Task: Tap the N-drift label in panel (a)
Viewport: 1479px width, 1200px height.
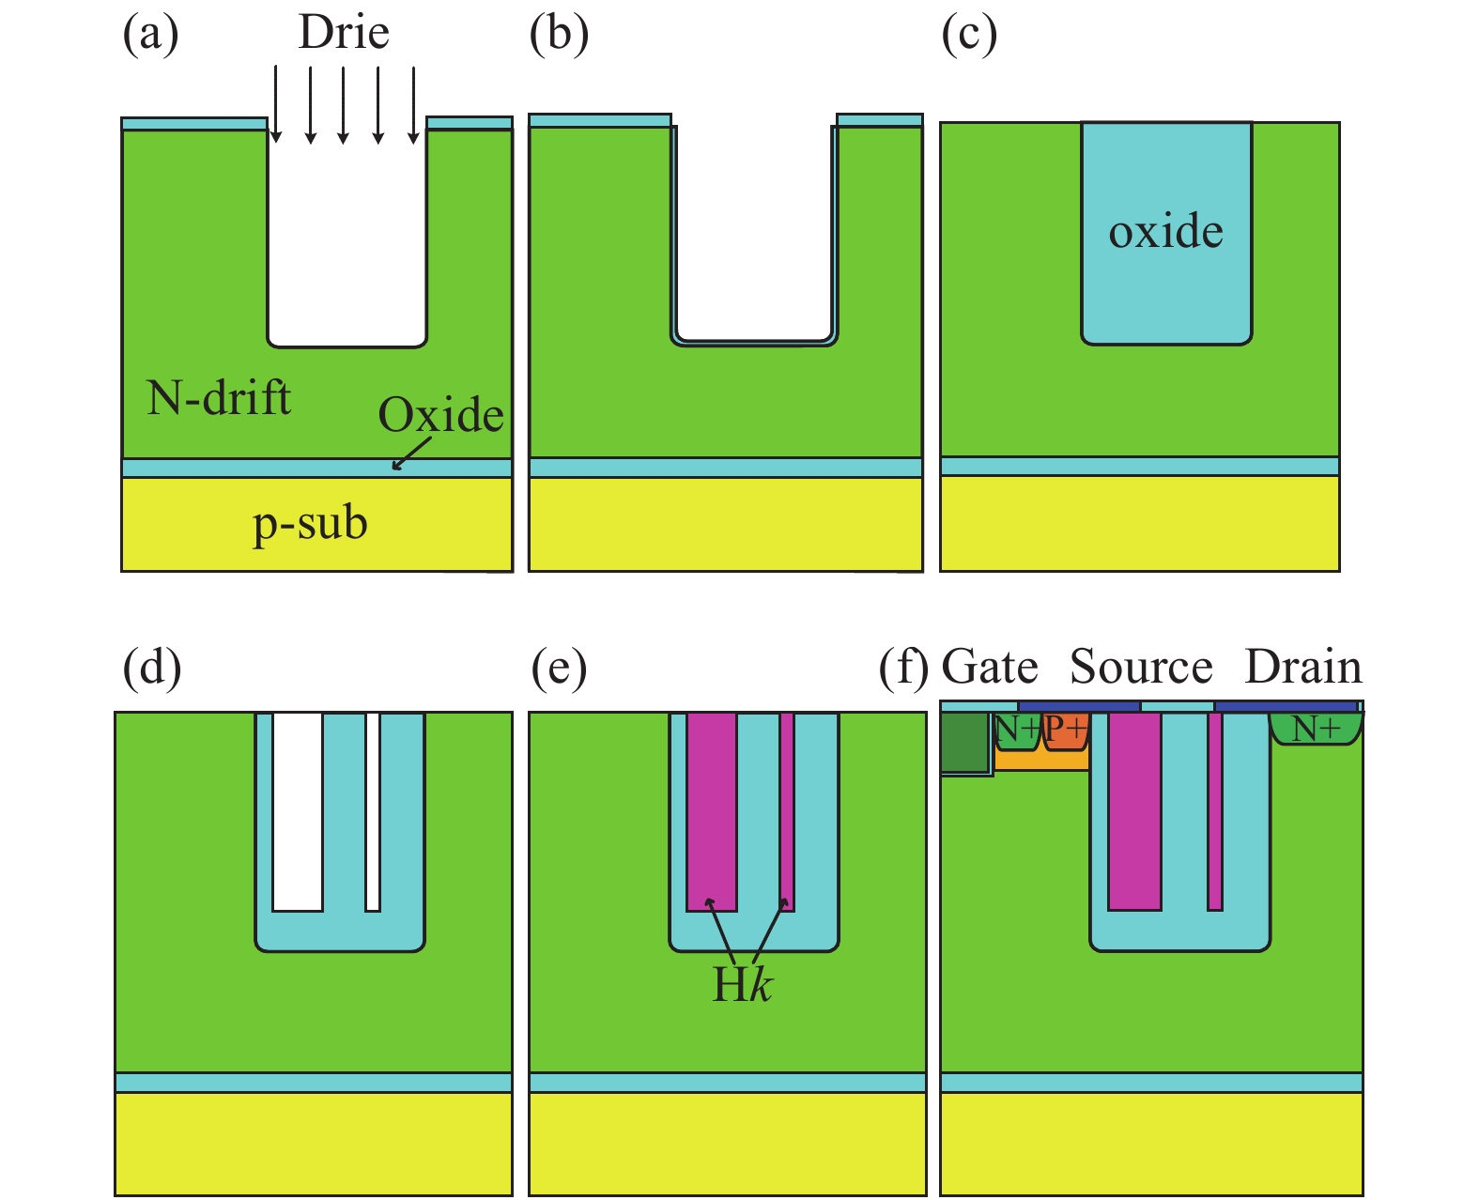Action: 219,398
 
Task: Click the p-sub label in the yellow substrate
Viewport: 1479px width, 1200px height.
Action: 310,523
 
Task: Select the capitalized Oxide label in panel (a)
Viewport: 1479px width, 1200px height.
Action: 440,414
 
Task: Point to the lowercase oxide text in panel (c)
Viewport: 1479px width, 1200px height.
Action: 1165,231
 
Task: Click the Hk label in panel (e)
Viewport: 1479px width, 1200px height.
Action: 742,985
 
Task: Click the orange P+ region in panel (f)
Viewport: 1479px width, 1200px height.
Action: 1066,730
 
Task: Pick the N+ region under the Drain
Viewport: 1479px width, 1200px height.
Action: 1316,728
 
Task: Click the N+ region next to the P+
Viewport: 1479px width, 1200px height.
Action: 1017,730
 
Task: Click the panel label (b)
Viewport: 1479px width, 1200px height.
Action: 559,34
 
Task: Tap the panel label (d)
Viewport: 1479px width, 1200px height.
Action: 152,668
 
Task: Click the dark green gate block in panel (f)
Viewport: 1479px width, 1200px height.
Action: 964,742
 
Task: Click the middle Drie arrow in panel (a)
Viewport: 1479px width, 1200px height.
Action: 344,104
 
